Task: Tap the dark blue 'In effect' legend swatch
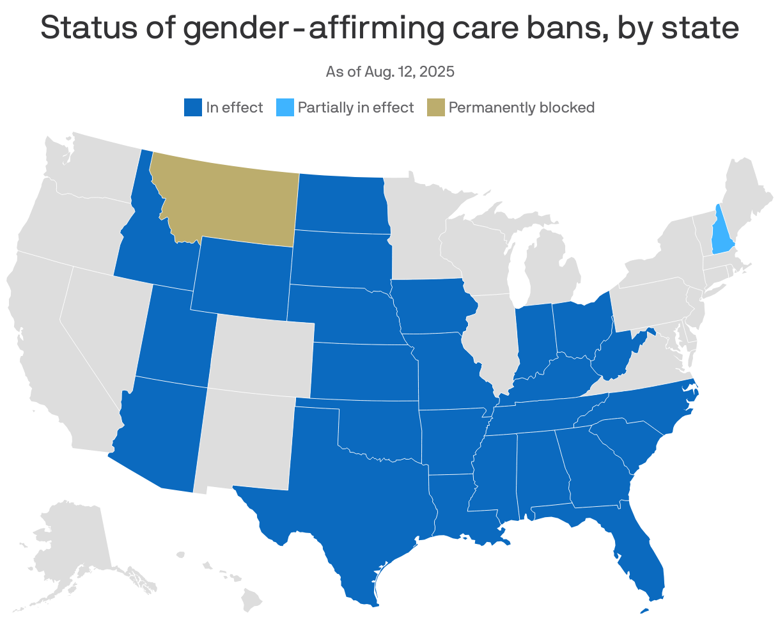192,107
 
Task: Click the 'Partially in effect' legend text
355,107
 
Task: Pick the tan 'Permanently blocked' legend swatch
435,107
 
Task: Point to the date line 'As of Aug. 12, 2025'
390,72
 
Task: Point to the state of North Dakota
342,201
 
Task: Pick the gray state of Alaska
70,543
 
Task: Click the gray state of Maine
748,192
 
